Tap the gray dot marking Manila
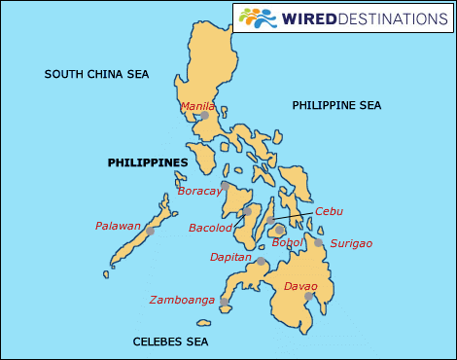point(204,117)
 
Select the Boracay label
point(200,192)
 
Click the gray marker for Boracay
point(225,185)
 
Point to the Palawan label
point(119,226)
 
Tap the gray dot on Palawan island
point(150,231)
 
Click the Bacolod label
point(211,228)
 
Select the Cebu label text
point(330,211)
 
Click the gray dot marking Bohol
point(280,231)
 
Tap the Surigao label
point(351,243)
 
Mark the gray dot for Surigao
point(318,243)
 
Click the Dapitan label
point(231,258)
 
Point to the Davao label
point(300,286)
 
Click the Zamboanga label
point(182,300)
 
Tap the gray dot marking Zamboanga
point(225,302)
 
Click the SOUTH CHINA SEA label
point(96,74)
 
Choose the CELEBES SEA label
point(170,342)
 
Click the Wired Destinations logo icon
point(257,18)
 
